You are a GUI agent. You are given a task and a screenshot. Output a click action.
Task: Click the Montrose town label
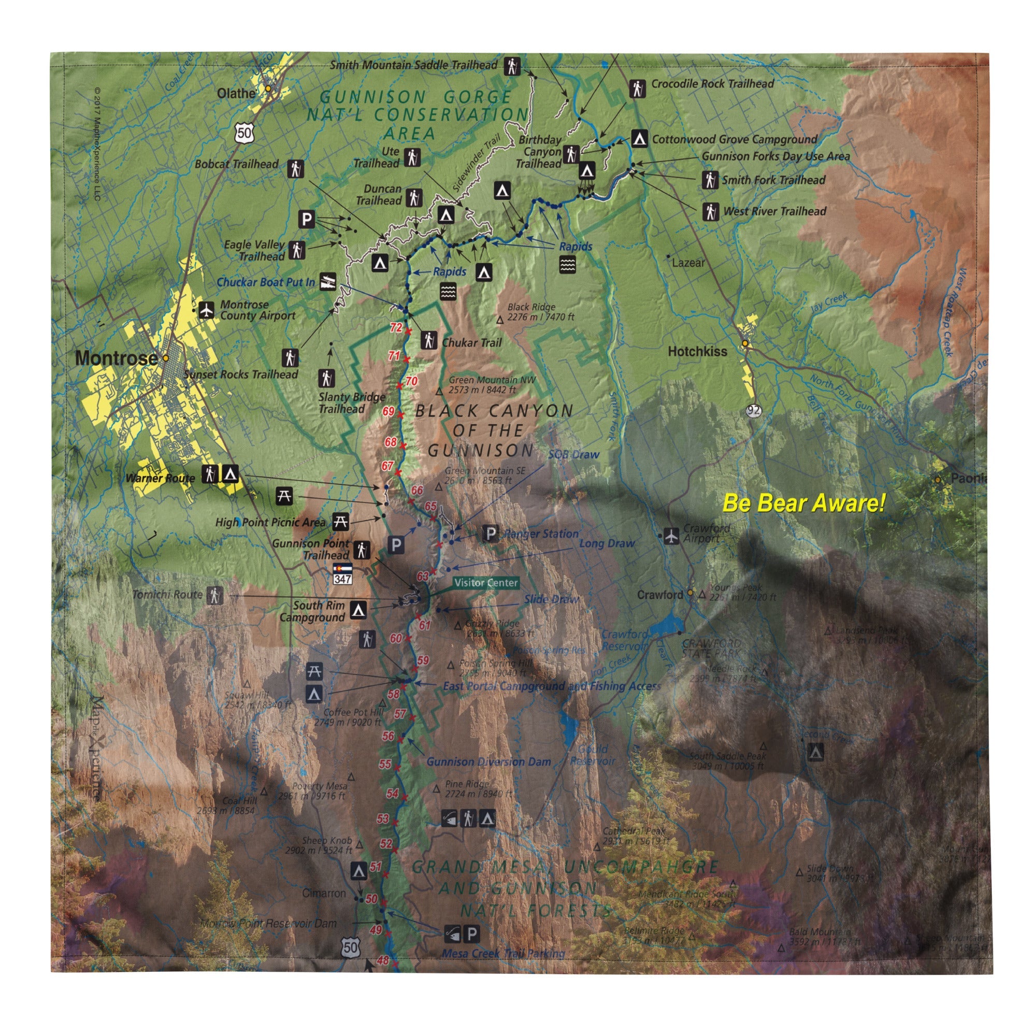pyautogui.click(x=117, y=358)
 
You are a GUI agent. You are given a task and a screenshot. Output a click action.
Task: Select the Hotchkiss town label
pyautogui.click(x=697, y=352)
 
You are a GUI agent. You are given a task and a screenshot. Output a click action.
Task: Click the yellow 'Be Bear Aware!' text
pyautogui.click(x=803, y=503)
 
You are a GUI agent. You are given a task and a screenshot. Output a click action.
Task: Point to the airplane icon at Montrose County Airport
pyautogui.click(x=207, y=310)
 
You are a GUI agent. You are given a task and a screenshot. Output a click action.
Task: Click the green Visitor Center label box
pyautogui.click(x=486, y=582)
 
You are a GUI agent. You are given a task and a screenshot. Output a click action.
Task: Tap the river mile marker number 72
pyautogui.click(x=396, y=327)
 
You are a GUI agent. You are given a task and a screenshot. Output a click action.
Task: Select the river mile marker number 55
pyautogui.click(x=385, y=764)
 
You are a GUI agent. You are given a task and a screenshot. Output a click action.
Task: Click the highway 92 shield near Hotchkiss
pyautogui.click(x=753, y=411)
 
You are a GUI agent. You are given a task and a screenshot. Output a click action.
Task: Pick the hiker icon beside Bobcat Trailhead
pyautogui.click(x=295, y=168)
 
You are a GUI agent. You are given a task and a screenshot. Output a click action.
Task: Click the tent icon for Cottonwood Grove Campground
pyautogui.click(x=638, y=138)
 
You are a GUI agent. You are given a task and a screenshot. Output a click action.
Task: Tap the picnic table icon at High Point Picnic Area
pyautogui.click(x=340, y=521)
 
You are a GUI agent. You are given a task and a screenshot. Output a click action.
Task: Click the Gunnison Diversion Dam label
pyautogui.click(x=488, y=762)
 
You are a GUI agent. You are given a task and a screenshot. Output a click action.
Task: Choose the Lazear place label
pyautogui.click(x=688, y=263)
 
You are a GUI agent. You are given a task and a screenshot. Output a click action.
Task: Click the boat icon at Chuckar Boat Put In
pyautogui.click(x=328, y=281)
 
